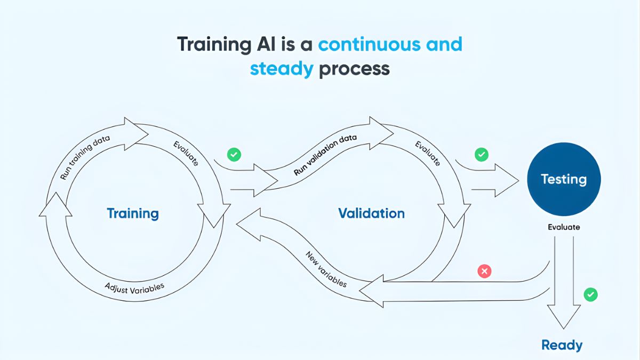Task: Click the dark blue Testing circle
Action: [x=564, y=179]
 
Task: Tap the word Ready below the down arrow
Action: [x=562, y=345]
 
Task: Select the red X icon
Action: [x=484, y=271]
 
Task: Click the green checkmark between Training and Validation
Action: [x=234, y=155]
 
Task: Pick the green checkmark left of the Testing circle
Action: [x=481, y=155]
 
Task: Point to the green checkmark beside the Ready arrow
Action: [x=590, y=294]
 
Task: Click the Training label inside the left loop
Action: [x=133, y=214]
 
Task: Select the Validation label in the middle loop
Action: [x=371, y=214]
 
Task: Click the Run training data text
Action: [x=85, y=157]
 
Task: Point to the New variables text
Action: [x=326, y=269]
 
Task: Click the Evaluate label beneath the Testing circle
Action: [x=564, y=227]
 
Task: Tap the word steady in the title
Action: [x=281, y=69]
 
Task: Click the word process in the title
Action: [x=354, y=69]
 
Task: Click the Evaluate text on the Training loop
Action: [x=186, y=153]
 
